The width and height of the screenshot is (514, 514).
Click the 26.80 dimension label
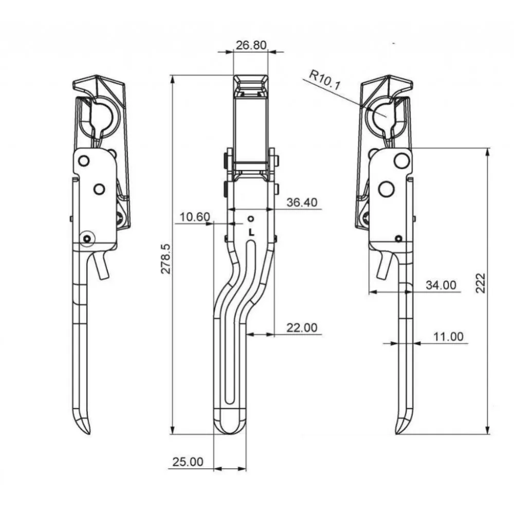[251, 45]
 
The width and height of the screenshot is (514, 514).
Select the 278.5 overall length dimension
[166, 259]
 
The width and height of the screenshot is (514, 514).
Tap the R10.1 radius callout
[325, 80]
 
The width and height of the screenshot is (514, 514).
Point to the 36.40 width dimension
[302, 202]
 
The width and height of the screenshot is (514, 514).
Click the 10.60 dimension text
[195, 217]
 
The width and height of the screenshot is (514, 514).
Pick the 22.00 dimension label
[302, 327]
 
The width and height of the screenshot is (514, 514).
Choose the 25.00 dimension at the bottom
[188, 462]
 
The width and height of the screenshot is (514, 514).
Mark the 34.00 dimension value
[441, 285]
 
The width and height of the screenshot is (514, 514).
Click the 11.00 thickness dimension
[448, 337]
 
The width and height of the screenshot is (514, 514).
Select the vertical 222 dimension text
[480, 283]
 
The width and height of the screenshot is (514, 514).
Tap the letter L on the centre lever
[251, 232]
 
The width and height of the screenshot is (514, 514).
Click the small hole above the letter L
[251, 218]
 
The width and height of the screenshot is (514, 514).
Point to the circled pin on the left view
[87, 239]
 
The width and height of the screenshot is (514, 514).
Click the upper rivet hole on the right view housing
[401, 160]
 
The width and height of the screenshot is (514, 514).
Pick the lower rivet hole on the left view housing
[99, 189]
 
